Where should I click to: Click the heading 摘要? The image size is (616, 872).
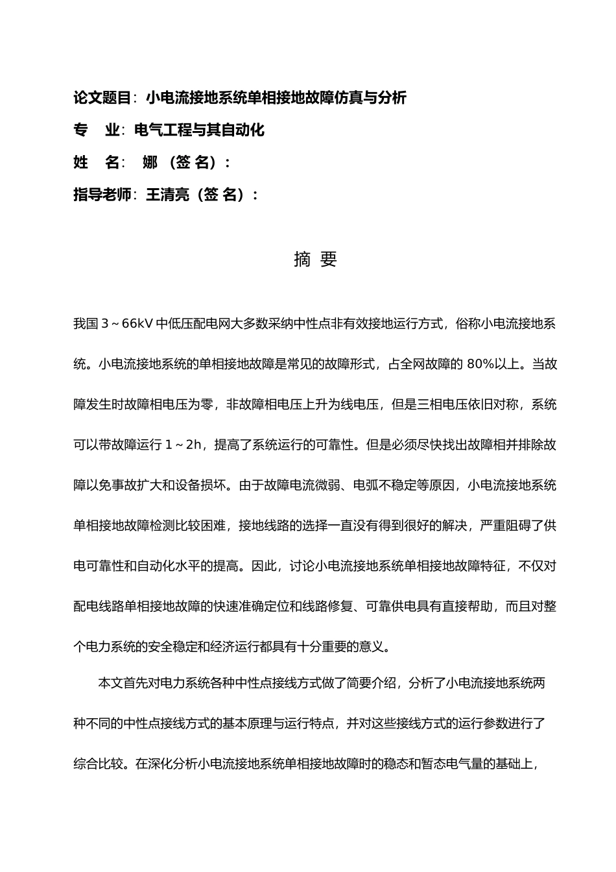click(x=315, y=260)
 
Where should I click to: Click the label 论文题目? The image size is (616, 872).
click(x=102, y=98)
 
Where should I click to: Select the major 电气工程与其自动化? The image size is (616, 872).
click(x=199, y=130)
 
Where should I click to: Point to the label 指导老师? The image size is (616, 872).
click(x=102, y=195)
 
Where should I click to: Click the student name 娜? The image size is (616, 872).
click(x=150, y=163)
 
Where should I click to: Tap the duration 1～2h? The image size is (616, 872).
click(x=184, y=445)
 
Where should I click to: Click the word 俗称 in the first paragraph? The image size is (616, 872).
click(x=469, y=324)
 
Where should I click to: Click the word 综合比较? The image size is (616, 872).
click(x=99, y=764)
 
